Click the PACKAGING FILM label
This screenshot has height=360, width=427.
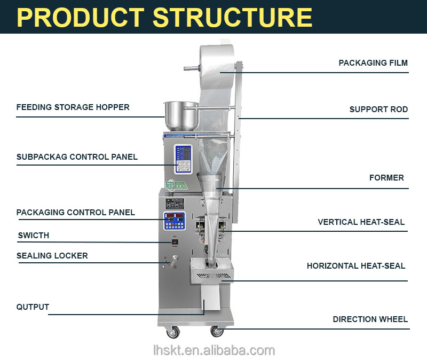point(373,63)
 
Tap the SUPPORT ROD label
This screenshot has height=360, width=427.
point(378,109)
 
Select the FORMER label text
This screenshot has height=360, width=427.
point(386,178)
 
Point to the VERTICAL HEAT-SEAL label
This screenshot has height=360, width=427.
point(361,222)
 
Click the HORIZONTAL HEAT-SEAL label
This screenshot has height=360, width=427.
point(355,266)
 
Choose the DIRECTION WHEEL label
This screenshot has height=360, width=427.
point(370,319)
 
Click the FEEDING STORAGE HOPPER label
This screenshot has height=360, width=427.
point(73,107)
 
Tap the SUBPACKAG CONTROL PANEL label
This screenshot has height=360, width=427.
point(77,157)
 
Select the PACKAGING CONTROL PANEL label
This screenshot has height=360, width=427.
point(76,213)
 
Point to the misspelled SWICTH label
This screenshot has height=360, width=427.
point(33,236)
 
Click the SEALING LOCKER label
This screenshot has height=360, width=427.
point(52,256)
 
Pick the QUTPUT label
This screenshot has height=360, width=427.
point(33,307)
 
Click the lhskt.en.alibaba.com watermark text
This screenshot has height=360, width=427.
point(213,350)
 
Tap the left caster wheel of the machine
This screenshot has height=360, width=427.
point(173,332)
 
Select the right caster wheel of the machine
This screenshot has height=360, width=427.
point(217,331)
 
